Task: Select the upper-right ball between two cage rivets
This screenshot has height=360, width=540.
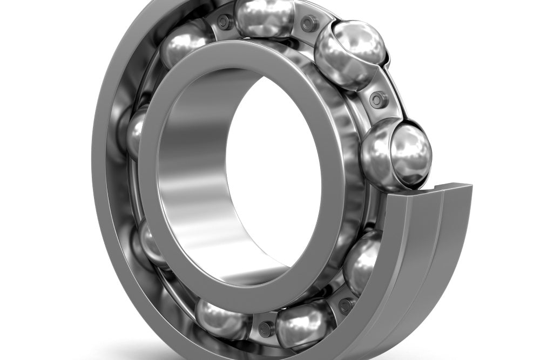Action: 350,54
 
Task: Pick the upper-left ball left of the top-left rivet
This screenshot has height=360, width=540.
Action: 186,43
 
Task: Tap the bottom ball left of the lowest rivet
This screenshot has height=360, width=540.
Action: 221,318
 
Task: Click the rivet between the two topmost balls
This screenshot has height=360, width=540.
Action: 309,23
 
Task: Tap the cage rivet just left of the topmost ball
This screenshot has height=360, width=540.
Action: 223,22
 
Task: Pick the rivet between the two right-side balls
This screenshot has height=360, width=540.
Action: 379,99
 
